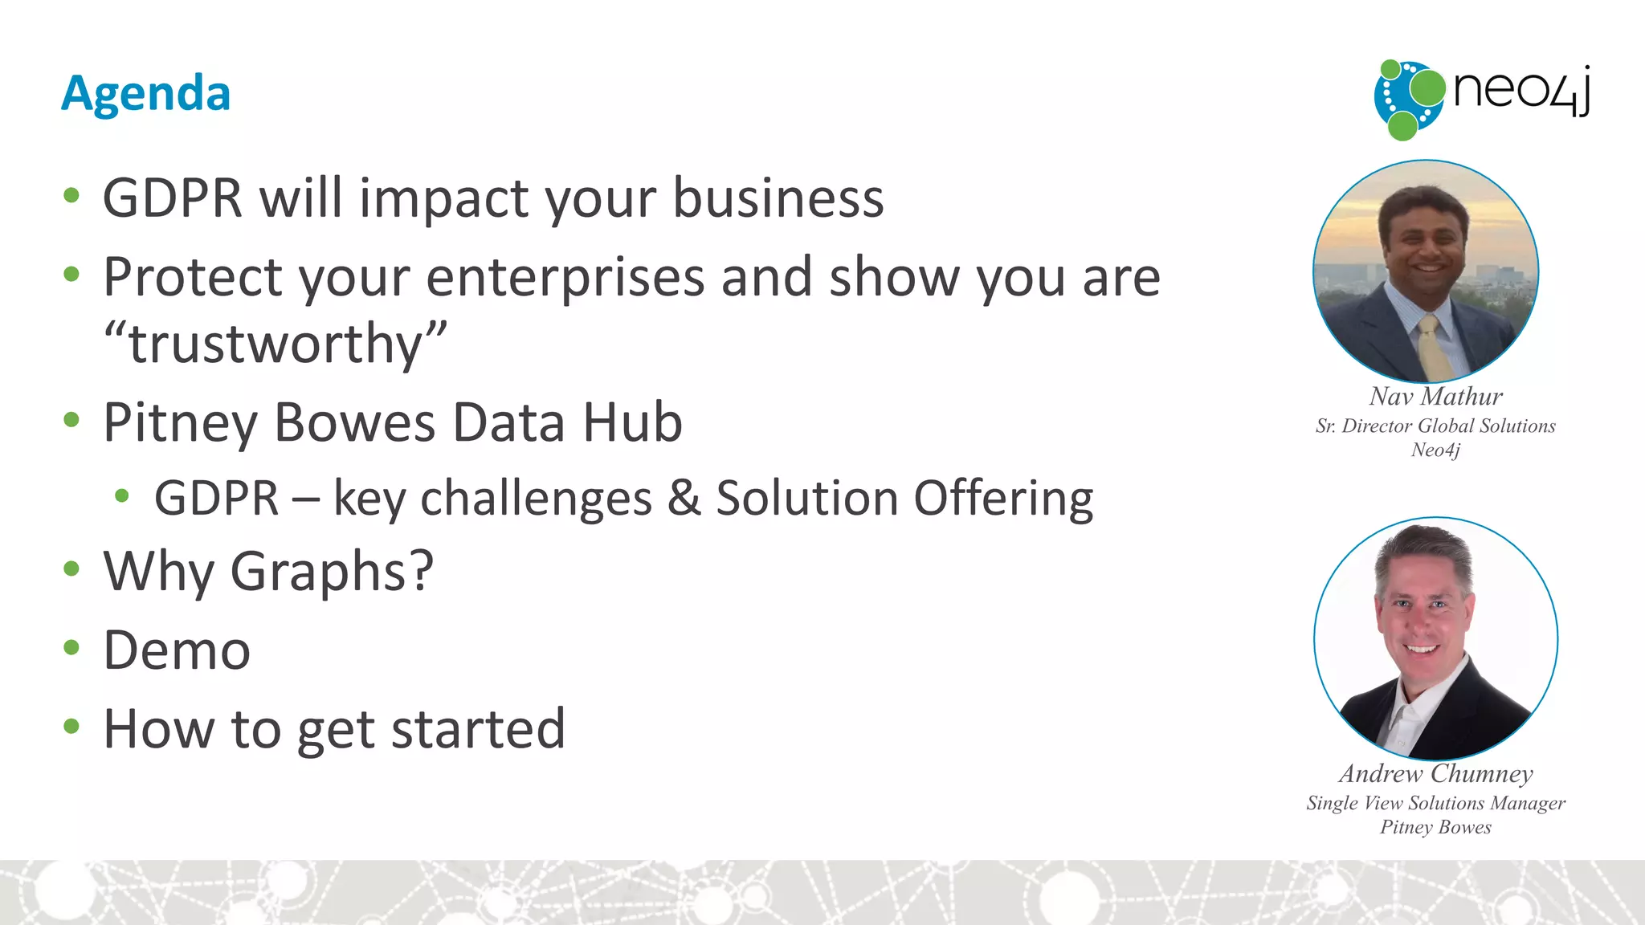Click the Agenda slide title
[x=146, y=94]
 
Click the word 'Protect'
[x=192, y=277]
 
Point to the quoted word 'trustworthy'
[x=276, y=344]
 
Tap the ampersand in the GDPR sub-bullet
[x=684, y=498]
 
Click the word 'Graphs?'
[x=333, y=572]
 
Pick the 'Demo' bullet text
[x=177, y=650]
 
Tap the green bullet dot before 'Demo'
[x=72, y=647]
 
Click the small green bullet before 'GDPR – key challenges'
[x=122, y=496]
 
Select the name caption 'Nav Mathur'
[x=1435, y=397]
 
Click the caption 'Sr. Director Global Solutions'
[x=1435, y=426]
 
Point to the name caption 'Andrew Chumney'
[x=1435, y=774]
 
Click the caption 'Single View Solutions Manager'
[x=1435, y=803]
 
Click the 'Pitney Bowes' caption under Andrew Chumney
[x=1435, y=827]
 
